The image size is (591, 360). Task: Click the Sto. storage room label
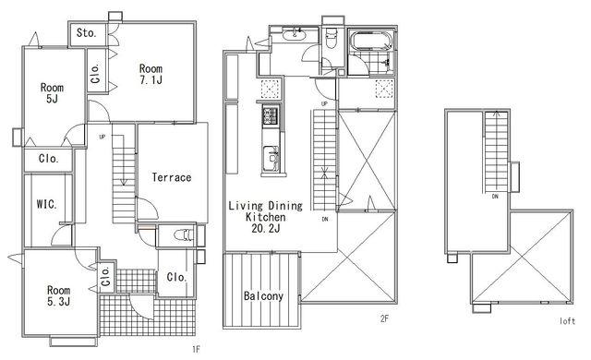(x=86, y=33)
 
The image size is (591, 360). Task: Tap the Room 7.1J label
(x=151, y=74)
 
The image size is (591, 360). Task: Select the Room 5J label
(x=52, y=93)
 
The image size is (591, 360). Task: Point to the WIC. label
(x=47, y=205)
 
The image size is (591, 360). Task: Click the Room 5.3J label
(x=58, y=295)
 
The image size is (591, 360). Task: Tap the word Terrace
(x=172, y=177)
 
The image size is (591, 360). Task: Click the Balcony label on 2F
(x=263, y=296)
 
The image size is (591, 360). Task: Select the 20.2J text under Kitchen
(x=266, y=228)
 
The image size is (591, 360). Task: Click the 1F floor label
(x=196, y=350)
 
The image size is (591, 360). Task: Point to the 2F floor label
(x=384, y=319)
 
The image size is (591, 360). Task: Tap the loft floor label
(x=567, y=321)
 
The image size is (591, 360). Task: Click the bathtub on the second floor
(x=371, y=40)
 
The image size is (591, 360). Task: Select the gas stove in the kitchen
(x=271, y=115)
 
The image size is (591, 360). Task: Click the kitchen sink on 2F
(x=271, y=158)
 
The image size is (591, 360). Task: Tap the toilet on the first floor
(x=184, y=235)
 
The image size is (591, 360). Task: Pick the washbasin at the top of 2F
(x=294, y=35)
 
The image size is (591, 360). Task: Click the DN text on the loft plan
(x=495, y=197)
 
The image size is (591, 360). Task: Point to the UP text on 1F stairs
(x=103, y=137)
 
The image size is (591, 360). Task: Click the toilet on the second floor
(x=332, y=39)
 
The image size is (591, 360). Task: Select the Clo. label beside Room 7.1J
(x=96, y=74)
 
